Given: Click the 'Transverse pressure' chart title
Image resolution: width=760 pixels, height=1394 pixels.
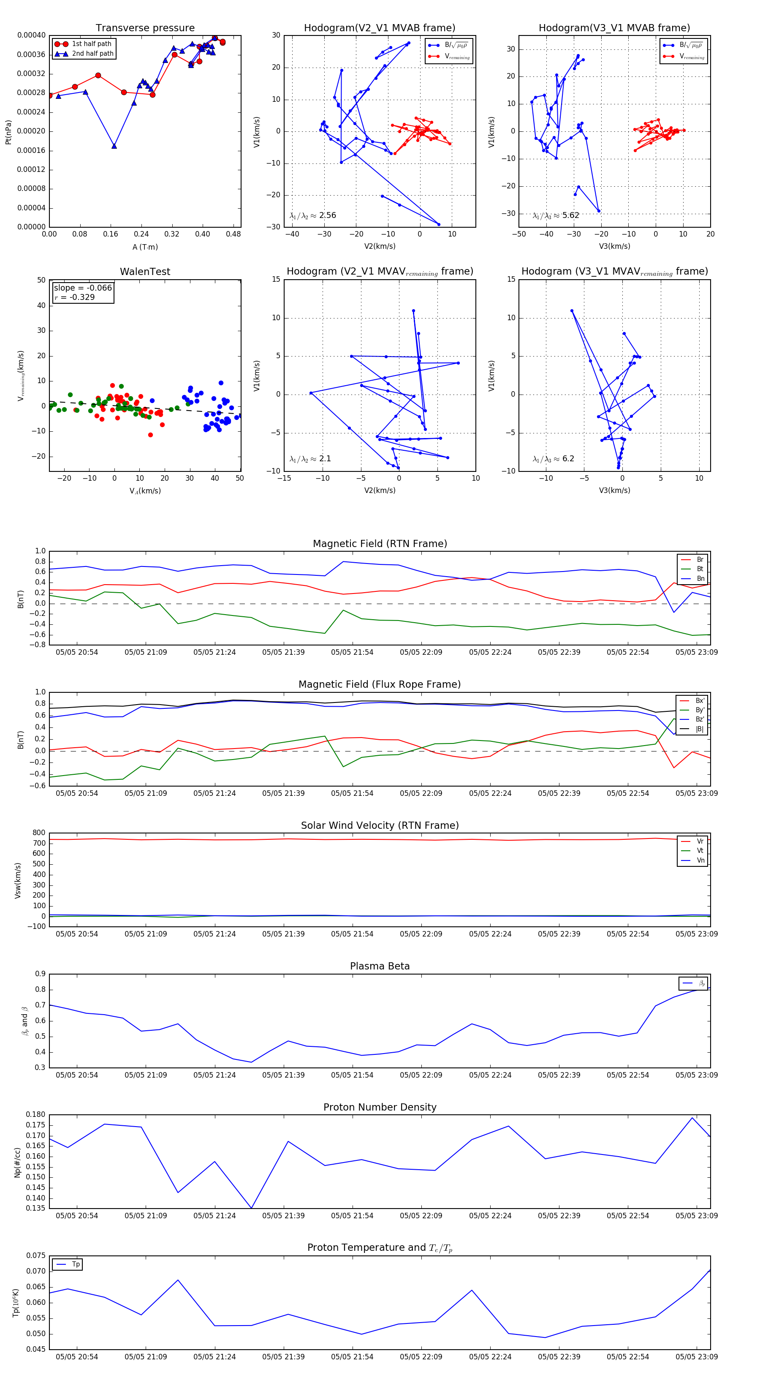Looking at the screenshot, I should pos(145,28).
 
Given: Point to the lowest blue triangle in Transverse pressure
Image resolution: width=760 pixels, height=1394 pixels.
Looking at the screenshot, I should pos(114,146).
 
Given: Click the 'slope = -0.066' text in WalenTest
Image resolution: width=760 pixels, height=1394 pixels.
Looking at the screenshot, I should pos(83,288).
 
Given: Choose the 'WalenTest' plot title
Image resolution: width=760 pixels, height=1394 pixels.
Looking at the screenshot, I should pos(145,272).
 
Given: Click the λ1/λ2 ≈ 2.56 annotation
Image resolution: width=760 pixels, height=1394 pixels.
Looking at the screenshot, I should pos(312,215).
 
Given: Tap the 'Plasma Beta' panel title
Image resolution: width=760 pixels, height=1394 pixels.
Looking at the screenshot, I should pos(380,967).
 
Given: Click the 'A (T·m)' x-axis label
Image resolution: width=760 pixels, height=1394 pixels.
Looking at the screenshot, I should pos(145,247).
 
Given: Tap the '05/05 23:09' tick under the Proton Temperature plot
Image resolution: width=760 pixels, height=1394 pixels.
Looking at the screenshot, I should pos(696,1357).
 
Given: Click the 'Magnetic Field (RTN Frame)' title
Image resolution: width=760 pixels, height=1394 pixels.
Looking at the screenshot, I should pos(380,544).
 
